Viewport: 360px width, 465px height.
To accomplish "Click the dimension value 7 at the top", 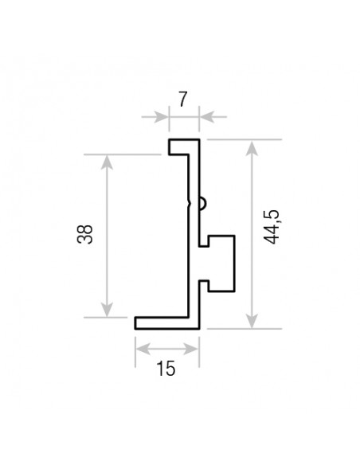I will click(x=182, y=100).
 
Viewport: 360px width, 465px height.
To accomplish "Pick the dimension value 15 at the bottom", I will click(x=166, y=368).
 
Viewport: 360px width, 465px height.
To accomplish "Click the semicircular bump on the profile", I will click(x=204, y=204).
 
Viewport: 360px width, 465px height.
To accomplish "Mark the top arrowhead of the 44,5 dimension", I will click(x=252, y=147).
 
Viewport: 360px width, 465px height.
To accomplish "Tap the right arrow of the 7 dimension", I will click(x=205, y=118).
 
